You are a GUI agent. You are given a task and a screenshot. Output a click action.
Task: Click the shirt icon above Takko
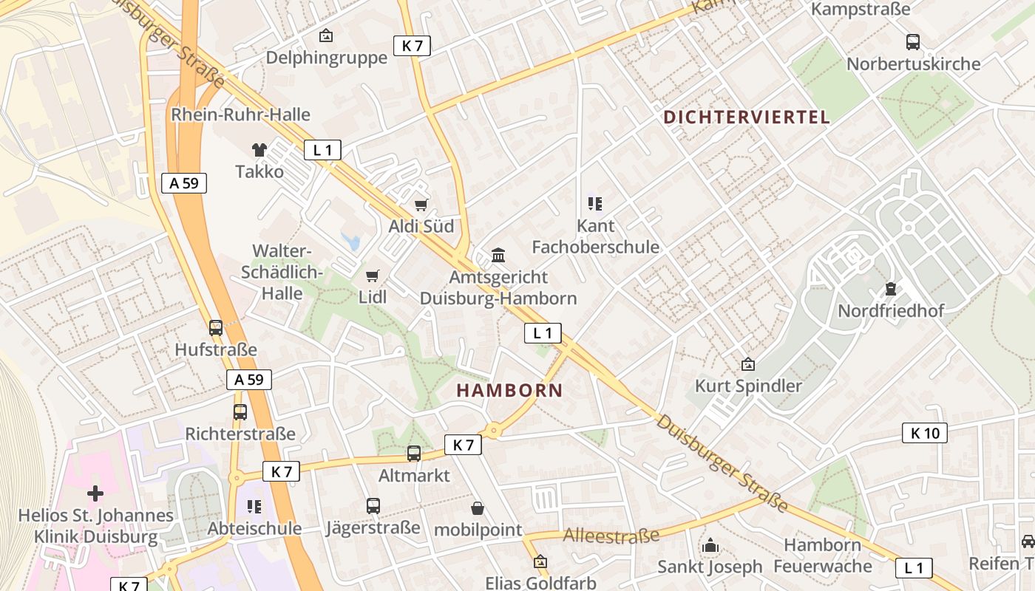tap(259, 150)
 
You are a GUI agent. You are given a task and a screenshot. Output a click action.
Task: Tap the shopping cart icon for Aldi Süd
tap(421, 205)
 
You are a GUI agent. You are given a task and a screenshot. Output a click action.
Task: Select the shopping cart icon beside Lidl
tap(373, 276)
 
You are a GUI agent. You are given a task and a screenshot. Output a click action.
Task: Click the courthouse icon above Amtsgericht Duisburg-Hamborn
tap(498, 256)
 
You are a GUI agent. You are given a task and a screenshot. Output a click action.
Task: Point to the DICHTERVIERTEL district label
tap(747, 117)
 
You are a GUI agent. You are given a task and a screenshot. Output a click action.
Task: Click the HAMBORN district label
tap(509, 390)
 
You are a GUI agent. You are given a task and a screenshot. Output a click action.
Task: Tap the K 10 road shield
tap(924, 433)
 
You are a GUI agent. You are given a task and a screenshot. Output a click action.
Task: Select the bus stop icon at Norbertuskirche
tap(913, 42)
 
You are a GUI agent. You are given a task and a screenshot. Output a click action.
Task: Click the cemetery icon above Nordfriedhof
tap(890, 289)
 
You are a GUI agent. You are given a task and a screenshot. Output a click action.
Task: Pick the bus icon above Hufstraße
tap(216, 328)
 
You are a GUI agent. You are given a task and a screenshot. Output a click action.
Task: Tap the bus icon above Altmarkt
tap(414, 454)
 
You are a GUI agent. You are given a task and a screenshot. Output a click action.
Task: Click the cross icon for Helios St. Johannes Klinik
tap(95, 493)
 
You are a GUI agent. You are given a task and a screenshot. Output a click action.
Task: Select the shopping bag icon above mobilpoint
tap(478, 508)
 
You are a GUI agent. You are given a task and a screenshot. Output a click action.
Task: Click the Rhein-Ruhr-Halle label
tap(240, 115)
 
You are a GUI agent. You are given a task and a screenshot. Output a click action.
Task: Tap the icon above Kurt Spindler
tap(748, 364)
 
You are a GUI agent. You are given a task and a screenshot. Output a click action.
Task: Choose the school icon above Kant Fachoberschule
tap(595, 204)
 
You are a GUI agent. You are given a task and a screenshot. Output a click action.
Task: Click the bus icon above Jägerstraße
tap(373, 506)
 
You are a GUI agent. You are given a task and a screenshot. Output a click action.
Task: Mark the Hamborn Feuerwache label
tap(822, 556)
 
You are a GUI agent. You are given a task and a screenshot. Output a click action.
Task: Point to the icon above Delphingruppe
tap(326, 35)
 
